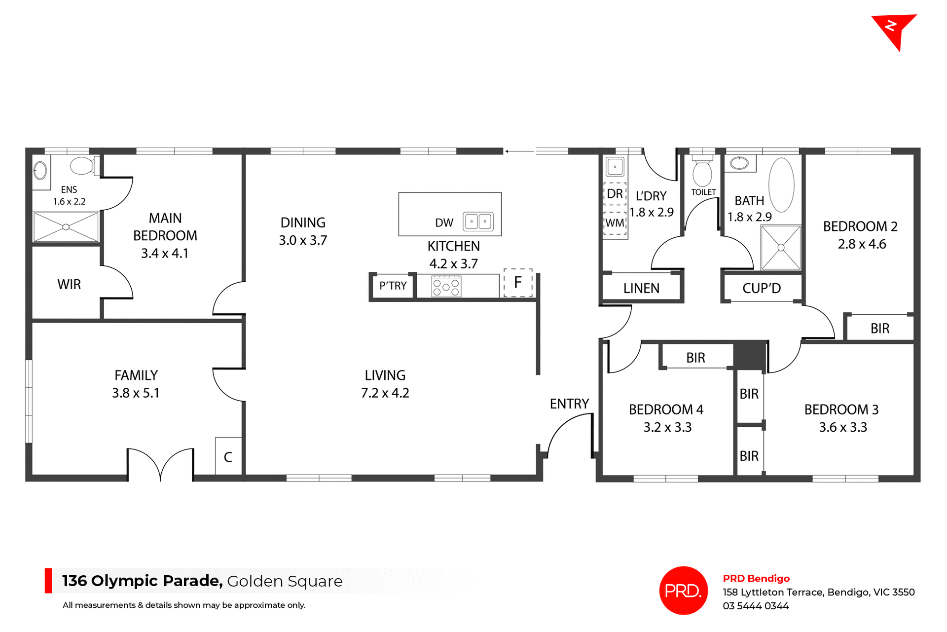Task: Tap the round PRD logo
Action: tap(683, 590)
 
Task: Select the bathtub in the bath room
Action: tap(781, 185)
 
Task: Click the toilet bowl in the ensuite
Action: tap(82, 166)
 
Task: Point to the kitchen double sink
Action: tap(478, 222)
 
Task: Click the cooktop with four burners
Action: tap(446, 287)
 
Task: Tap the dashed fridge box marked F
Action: tap(518, 283)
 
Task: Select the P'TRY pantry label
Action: tap(393, 286)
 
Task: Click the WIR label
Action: tap(69, 285)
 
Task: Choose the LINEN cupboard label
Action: tap(641, 288)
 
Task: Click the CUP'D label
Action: tap(762, 288)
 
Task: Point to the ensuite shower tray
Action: tap(66, 227)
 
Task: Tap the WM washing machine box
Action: tap(615, 223)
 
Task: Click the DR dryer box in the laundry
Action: tap(615, 194)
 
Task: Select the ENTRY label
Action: tap(569, 404)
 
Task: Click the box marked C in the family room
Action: tap(228, 457)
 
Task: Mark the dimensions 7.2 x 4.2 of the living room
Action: tap(385, 393)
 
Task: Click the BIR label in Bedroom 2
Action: tap(879, 329)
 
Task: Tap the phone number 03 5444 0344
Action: tap(756, 606)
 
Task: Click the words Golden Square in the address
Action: tap(285, 581)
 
